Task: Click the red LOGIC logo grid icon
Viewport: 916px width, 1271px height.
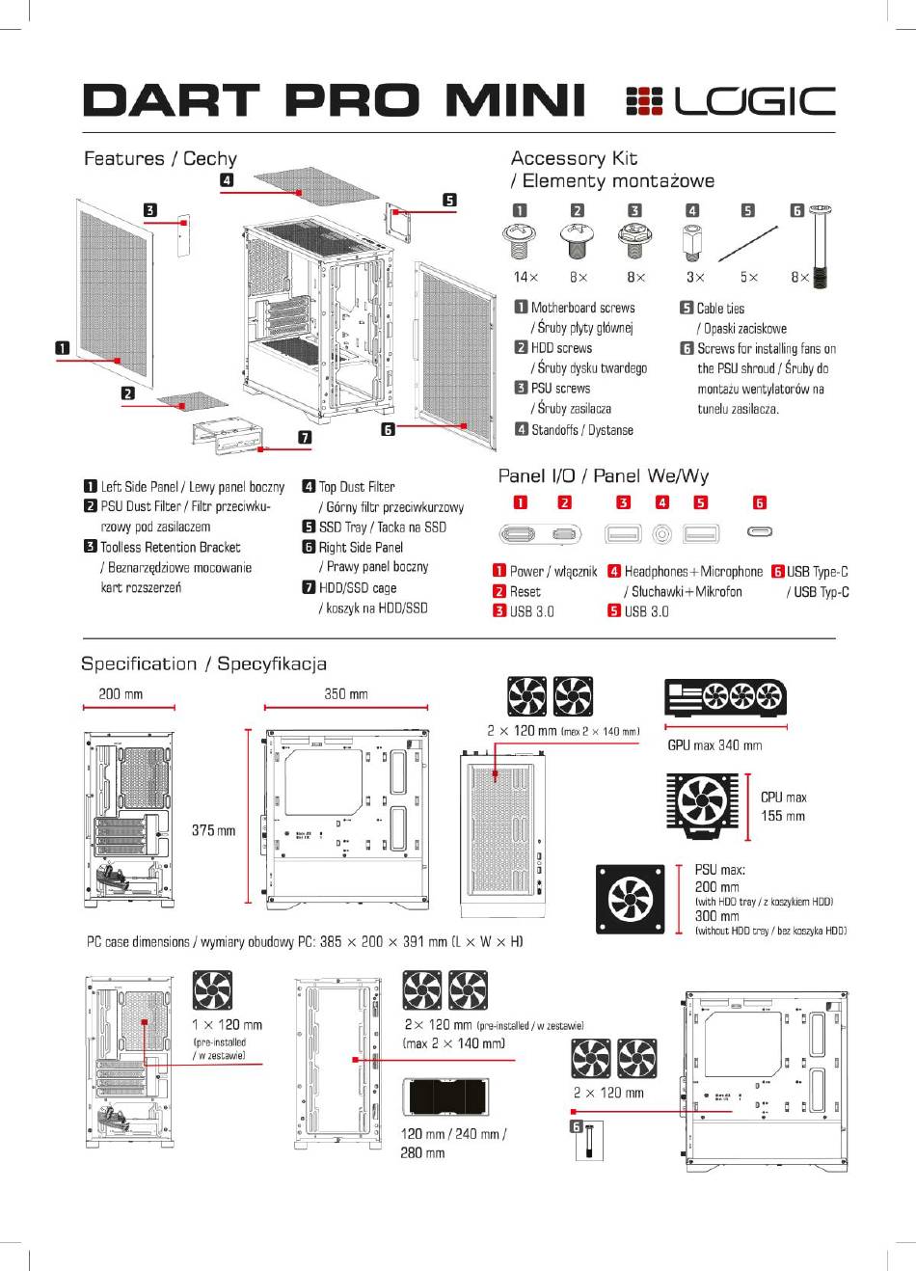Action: pyautogui.click(x=644, y=101)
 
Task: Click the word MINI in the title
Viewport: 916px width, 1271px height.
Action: pyautogui.click(x=515, y=100)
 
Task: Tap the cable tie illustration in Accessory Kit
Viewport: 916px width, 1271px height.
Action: pyautogui.click(x=748, y=243)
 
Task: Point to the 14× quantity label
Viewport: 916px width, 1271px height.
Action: pyautogui.click(x=525, y=277)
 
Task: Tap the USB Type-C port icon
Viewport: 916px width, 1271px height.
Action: pyautogui.click(x=760, y=532)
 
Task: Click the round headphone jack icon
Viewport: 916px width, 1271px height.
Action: pyautogui.click(x=661, y=533)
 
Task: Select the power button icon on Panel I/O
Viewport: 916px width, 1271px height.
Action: pyautogui.click(x=517, y=534)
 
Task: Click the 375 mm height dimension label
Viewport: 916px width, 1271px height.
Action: pyautogui.click(x=213, y=830)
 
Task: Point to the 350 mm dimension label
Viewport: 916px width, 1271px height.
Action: pyautogui.click(x=346, y=694)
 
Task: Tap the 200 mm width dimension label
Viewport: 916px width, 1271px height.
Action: pyautogui.click(x=121, y=694)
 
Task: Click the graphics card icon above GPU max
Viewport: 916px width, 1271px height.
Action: pyautogui.click(x=725, y=697)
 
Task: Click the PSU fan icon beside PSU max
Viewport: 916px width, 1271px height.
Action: pyautogui.click(x=630, y=900)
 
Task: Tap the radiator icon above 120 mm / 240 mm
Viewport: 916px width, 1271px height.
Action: pyautogui.click(x=445, y=1096)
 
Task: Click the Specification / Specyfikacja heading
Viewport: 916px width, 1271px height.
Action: pyautogui.click(x=204, y=663)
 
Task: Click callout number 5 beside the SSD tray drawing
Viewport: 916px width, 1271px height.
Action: pyautogui.click(x=449, y=200)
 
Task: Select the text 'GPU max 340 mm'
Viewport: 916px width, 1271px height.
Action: pyautogui.click(x=714, y=745)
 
